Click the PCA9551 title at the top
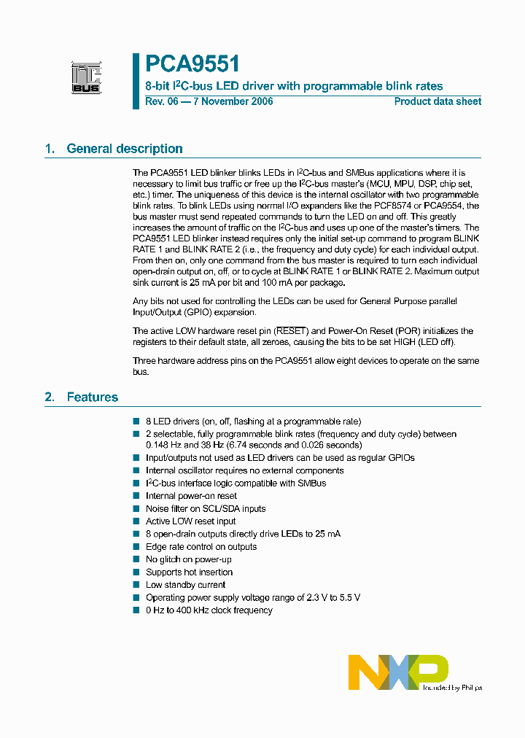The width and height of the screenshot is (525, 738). pos(192,65)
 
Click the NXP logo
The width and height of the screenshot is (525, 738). pos(398,672)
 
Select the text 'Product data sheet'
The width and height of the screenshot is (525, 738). pos(437,101)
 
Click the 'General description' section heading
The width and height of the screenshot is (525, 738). pos(125,149)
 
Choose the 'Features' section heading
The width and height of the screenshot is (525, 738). pos(93,397)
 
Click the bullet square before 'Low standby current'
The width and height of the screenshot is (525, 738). pos(136,585)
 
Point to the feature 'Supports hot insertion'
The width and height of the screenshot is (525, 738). pos(189,572)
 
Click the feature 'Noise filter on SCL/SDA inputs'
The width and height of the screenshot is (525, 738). pos(206,509)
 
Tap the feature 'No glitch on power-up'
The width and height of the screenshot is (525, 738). pos(189,559)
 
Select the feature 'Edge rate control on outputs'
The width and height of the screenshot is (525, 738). pos(201,547)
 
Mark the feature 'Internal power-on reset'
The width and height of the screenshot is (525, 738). pos(191,496)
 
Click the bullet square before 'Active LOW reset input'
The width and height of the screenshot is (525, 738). pos(136,521)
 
